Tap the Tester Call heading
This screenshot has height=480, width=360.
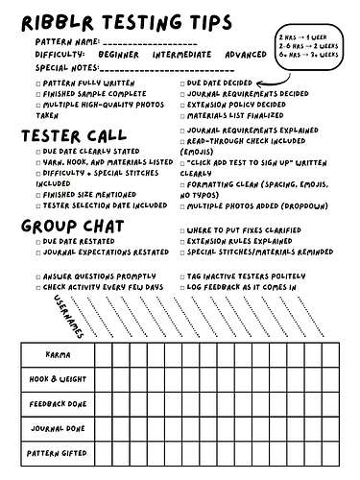tap(77, 135)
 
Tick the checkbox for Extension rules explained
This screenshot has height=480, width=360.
tap(183, 241)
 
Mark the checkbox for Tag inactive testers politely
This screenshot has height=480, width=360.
tap(183, 276)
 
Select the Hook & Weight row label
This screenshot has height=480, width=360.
tap(57, 380)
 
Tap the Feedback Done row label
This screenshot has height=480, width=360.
tap(57, 404)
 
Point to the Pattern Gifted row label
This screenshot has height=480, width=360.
tap(57, 452)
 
